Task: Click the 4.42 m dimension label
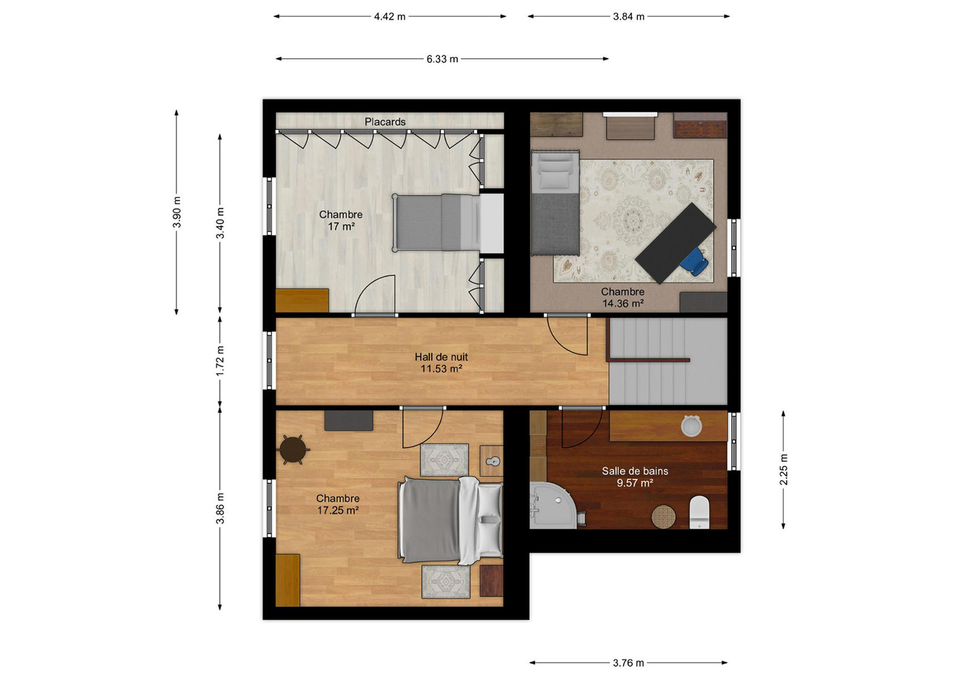(389, 17)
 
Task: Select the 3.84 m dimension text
(629, 17)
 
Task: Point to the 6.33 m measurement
(442, 59)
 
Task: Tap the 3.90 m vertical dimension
(177, 212)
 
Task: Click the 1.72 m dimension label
(220, 361)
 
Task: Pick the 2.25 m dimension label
(783, 470)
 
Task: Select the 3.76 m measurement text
(628, 663)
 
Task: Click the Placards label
(385, 122)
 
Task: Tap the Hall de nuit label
(441, 357)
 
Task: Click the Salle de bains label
(635, 471)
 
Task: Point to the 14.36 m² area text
(623, 304)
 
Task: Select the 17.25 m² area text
(338, 510)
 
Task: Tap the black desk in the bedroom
(675, 243)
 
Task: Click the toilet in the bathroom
(700, 512)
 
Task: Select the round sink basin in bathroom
(691, 426)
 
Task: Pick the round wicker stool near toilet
(663, 517)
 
